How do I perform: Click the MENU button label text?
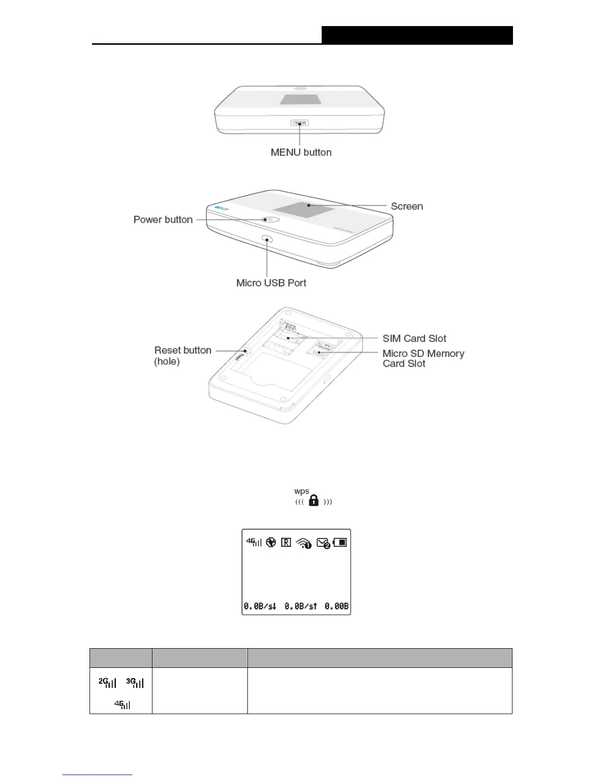point(301,152)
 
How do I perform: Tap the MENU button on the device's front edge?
point(300,122)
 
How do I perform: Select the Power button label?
point(163,219)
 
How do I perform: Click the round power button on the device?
point(270,220)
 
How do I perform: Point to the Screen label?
point(407,206)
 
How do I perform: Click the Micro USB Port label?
point(271,283)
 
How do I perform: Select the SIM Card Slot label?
point(414,338)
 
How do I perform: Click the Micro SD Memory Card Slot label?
point(423,359)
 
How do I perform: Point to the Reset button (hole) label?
point(182,356)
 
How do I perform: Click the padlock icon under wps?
point(314,501)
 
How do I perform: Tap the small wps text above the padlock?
point(301,491)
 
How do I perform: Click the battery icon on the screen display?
point(340,542)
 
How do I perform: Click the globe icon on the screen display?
point(271,542)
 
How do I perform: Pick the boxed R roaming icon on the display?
point(286,542)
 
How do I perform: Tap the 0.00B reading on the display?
point(336,606)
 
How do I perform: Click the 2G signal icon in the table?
point(107,683)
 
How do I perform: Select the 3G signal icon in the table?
point(135,683)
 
